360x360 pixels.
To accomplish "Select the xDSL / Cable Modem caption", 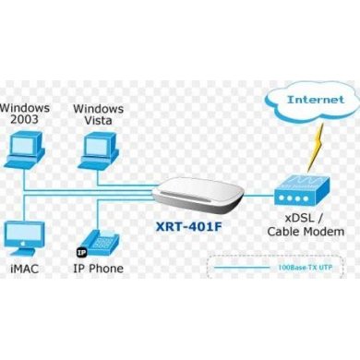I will pyautogui.click(x=301, y=225).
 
